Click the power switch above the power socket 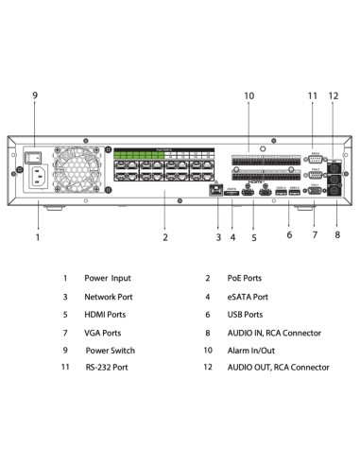click(35, 153)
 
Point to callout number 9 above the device click(35, 96)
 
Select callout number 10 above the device click(249, 96)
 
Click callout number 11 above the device click(313, 96)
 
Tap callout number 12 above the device click(333, 96)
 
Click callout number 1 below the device click(38, 237)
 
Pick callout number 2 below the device click(164, 237)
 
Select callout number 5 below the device click(253, 237)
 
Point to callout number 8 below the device click(337, 234)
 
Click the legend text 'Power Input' click(109, 279)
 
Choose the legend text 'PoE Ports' click(245, 279)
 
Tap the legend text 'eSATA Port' click(248, 297)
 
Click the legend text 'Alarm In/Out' click(250, 350)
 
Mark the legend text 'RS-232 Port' click(107, 368)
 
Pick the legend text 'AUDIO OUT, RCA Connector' click(278, 368)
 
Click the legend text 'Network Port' click(110, 297)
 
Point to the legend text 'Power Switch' click(111, 350)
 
